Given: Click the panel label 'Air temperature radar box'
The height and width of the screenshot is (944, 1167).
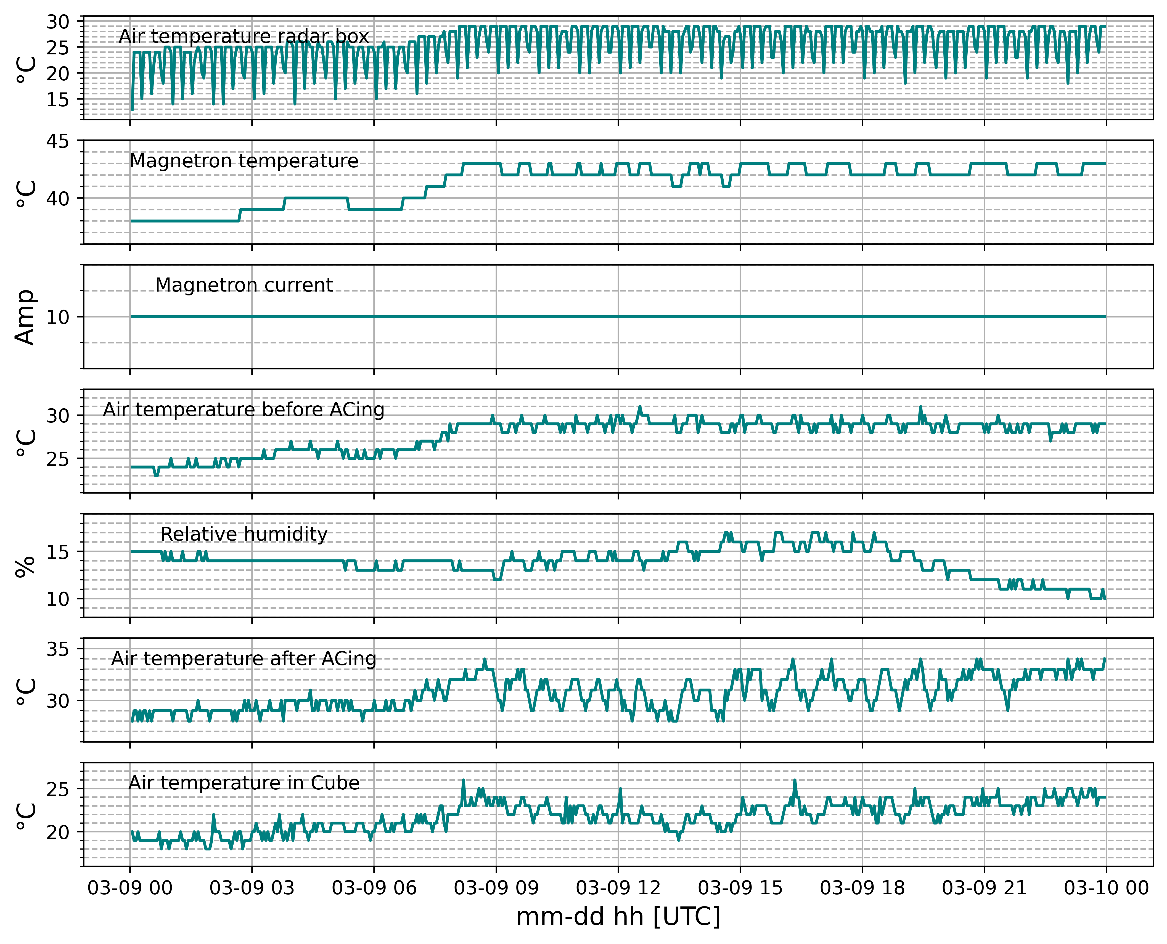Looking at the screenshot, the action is pos(244,36).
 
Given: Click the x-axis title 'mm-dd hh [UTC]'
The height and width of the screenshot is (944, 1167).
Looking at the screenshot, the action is pos(618,917).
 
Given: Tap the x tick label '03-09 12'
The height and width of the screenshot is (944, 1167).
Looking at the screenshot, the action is pos(618,888).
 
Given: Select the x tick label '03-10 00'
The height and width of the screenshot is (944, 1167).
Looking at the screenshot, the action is pos(1106,888).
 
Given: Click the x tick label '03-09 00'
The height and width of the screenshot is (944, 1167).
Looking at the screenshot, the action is pos(130,888).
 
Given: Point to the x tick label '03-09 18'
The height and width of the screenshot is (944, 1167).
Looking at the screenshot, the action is pos(862,888).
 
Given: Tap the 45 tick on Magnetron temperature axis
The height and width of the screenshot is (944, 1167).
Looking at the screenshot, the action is pos(58,142).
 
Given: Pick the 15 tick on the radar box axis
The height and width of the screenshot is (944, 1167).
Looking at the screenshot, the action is pos(58,99).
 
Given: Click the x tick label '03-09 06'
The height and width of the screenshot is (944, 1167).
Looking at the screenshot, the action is pos(374,888).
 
